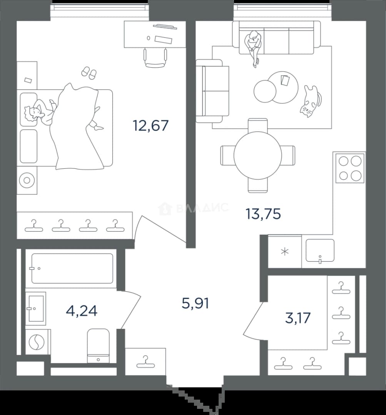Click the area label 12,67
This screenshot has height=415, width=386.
(150, 125)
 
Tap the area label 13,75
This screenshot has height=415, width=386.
(263, 214)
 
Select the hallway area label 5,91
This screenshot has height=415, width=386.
(196, 303)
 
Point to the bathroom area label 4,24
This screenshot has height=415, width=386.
(82, 311)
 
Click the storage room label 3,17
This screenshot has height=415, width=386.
(298, 318)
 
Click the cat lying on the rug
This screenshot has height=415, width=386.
(311, 101)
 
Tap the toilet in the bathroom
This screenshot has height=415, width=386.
(98, 346)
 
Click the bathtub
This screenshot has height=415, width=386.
(72, 268)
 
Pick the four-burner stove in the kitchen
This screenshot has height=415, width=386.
(350, 168)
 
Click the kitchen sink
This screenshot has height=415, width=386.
(320, 251)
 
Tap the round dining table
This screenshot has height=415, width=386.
(258, 156)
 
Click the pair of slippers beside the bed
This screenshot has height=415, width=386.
(89, 73)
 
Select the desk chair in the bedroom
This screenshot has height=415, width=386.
(155, 58)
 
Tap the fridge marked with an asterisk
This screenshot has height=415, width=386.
(285, 251)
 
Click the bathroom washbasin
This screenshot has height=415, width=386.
(36, 308)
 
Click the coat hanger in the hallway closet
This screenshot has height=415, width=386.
(145, 362)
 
